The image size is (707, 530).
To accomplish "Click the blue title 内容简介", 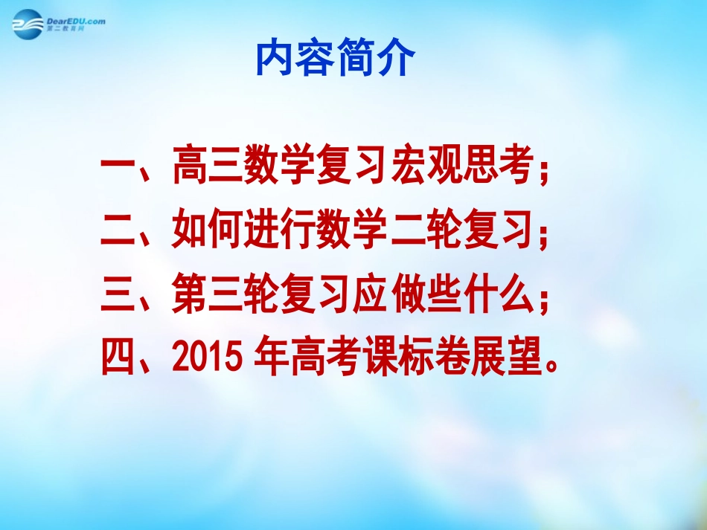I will click(333, 59).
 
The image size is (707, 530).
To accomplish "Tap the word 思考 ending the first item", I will click(499, 167).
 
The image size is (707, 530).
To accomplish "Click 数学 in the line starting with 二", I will click(353, 231).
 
